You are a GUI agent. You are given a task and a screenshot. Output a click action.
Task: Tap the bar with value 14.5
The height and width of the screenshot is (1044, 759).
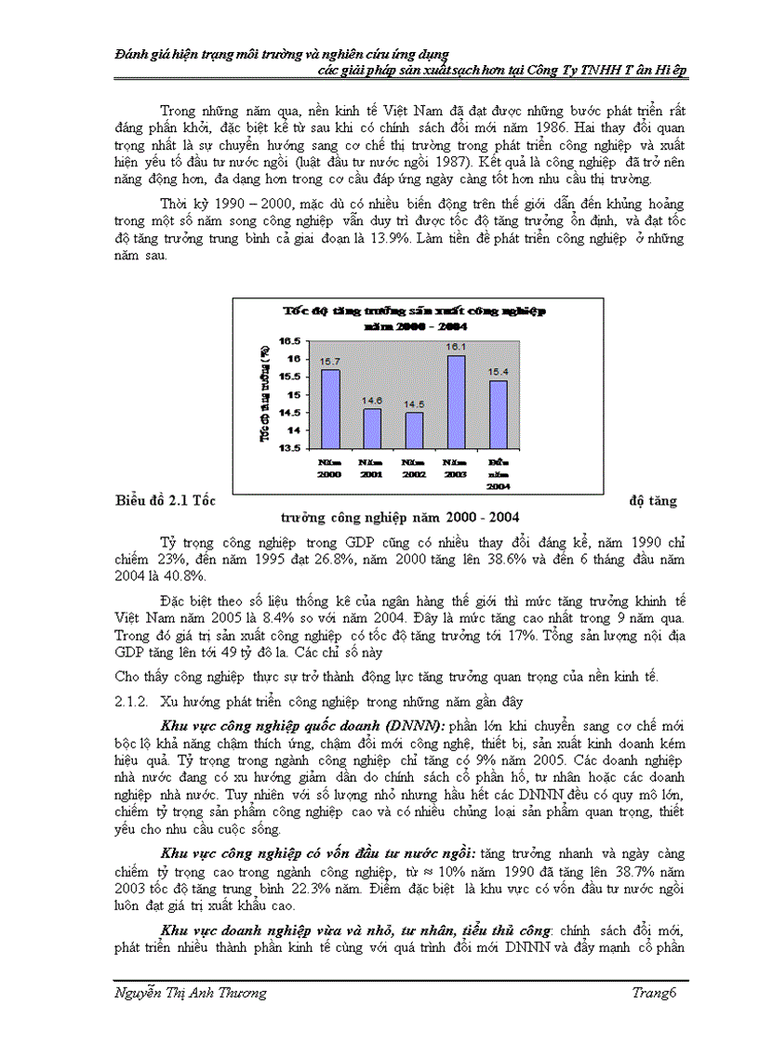413,429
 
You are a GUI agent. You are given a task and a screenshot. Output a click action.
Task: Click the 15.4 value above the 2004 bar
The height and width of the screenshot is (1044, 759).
498,372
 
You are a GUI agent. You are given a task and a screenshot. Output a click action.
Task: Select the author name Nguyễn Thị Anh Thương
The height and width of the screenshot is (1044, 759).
190,994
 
